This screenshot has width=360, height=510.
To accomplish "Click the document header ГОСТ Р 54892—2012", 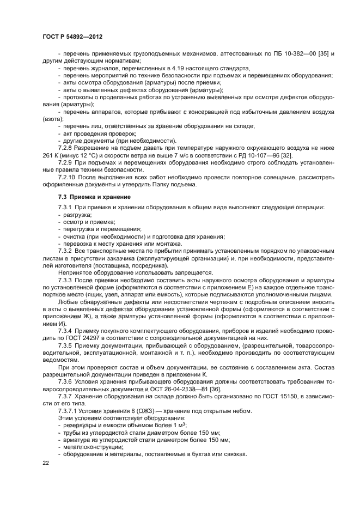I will click(72, 35).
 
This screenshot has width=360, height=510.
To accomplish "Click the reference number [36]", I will click(214, 387).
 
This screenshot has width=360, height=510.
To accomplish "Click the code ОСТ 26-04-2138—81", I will click(178, 387).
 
